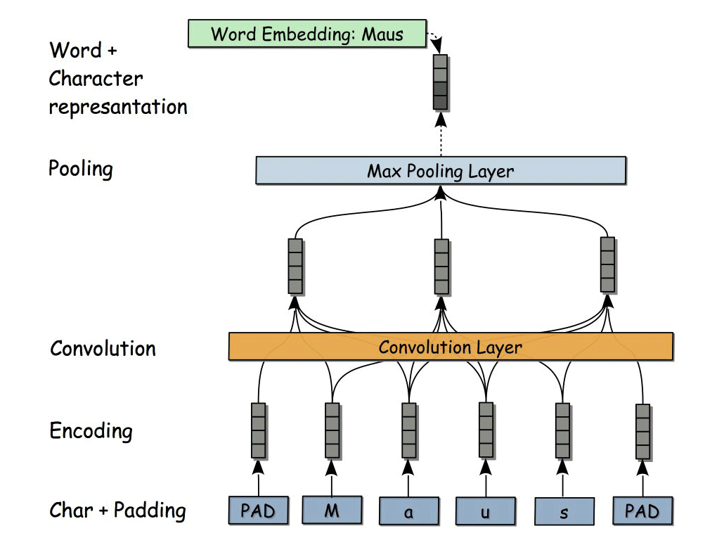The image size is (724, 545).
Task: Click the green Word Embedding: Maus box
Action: click(x=307, y=34)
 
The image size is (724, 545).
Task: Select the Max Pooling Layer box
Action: click(x=440, y=171)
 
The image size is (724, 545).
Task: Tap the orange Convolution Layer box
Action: click(x=451, y=347)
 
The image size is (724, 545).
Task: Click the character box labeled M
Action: click(x=332, y=510)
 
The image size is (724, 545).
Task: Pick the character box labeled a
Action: click(x=408, y=511)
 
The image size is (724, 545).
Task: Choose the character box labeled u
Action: click(x=485, y=511)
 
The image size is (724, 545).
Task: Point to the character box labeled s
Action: click(x=564, y=511)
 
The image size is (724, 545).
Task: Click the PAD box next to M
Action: click(x=258, y=511)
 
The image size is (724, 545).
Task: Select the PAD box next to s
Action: click(x=642, y=511)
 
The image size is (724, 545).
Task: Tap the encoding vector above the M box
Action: click(x=332, y=430)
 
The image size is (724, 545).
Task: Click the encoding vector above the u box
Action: click(x=485, y=430)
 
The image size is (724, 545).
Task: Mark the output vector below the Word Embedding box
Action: click(x=440, y=82)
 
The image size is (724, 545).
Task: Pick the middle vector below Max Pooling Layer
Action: click(x=441, y=267)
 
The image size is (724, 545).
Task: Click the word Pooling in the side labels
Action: click(x=81, y=169)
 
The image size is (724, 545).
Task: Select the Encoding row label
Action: click(x=91, y=430)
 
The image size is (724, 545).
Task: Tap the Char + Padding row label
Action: click(x=117, y=511)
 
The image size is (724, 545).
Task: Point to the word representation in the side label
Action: click(x=117, y=107)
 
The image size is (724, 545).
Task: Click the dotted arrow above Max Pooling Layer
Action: click(x=441, y=134)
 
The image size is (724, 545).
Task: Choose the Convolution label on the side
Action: click(x=103, y=349)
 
